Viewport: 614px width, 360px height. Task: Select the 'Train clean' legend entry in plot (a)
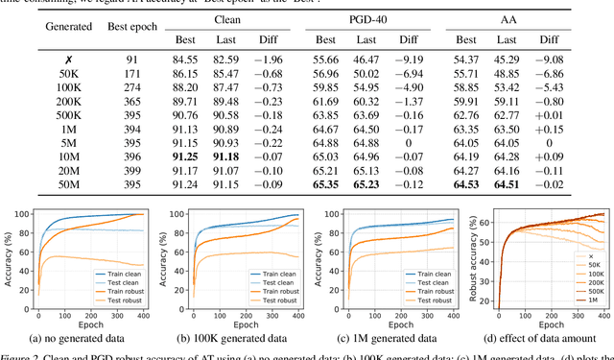coord(121,274)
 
